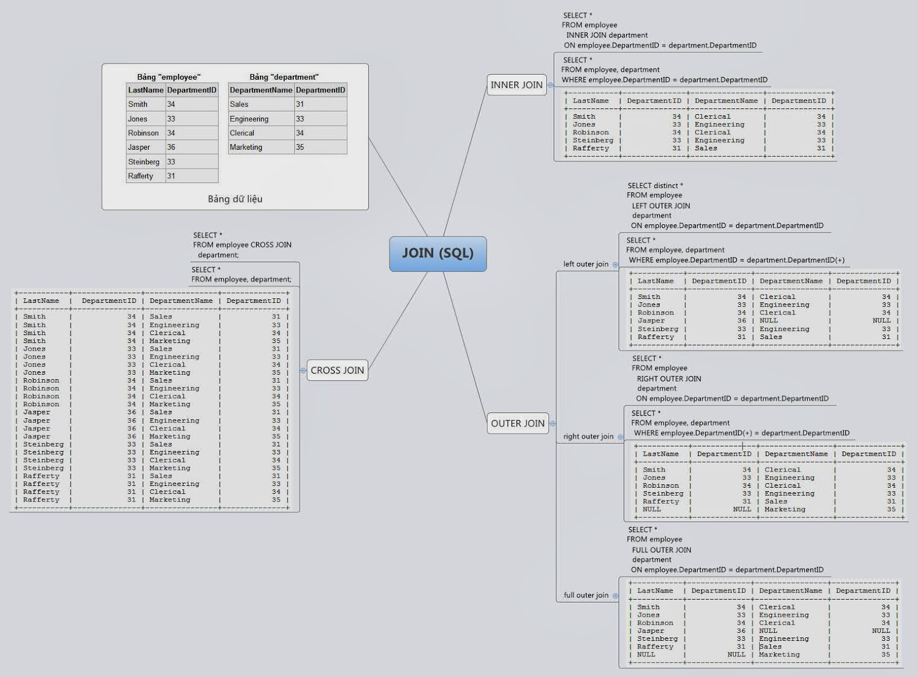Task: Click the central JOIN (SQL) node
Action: [x=438, y=254]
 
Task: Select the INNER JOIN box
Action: [x=516, y=85]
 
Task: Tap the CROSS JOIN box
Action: [x=337, y=371]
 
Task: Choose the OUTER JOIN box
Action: [x=518, y=423]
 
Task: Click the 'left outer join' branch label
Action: [x=586, y=264]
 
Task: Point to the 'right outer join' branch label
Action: [x=588, y=437]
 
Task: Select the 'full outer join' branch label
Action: [x=586, y=595]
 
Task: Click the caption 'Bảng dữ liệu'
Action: [x=235, y=199]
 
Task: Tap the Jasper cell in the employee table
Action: [x=139, y=147]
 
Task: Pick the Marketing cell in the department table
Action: [x=246, y=147]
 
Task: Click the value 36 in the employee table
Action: [x=171, y=147]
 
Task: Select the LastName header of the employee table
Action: [x=146, y=90]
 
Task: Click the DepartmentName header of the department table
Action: [x=261, y=90]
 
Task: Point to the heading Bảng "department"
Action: [x=284, y=77]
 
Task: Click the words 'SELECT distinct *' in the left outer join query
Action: [x=655, y=186]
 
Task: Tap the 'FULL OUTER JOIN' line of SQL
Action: [x=662, y=550]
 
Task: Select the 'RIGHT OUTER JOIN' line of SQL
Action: [x=668, y=379]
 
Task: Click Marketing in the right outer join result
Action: [x=785, y=509]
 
